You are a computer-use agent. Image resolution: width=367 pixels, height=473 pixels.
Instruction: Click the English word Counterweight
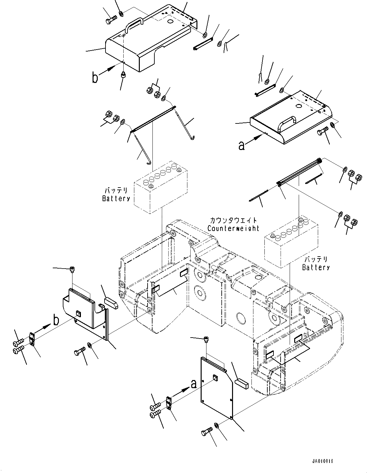click(233, 228)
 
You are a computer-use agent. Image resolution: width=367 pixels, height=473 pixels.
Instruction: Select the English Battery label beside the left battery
click(116, 198)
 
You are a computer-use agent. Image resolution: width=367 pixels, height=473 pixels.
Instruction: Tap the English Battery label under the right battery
click(316, 267)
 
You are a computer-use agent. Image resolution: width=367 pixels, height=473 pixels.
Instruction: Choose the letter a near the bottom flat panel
click(194, 384)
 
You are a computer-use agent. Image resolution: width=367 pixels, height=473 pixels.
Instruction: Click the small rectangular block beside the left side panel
click(111, 302)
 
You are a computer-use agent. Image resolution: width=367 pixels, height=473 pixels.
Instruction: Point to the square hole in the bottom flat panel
click(216, 378)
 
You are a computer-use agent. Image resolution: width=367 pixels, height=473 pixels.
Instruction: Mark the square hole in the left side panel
click(78, 313)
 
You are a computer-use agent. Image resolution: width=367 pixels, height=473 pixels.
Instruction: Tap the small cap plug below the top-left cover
click(123, 75)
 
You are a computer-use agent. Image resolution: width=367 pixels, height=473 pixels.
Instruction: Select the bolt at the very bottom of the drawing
click(207, 432)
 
